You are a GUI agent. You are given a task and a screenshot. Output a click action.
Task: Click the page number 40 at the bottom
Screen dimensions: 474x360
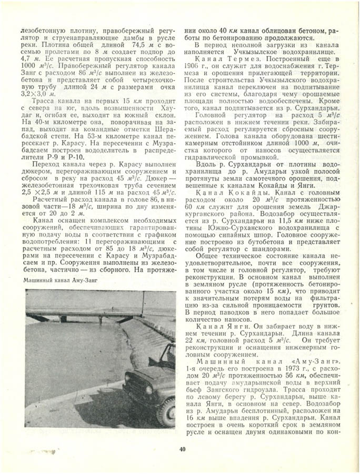pyautogui.click(x=182, y=449)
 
